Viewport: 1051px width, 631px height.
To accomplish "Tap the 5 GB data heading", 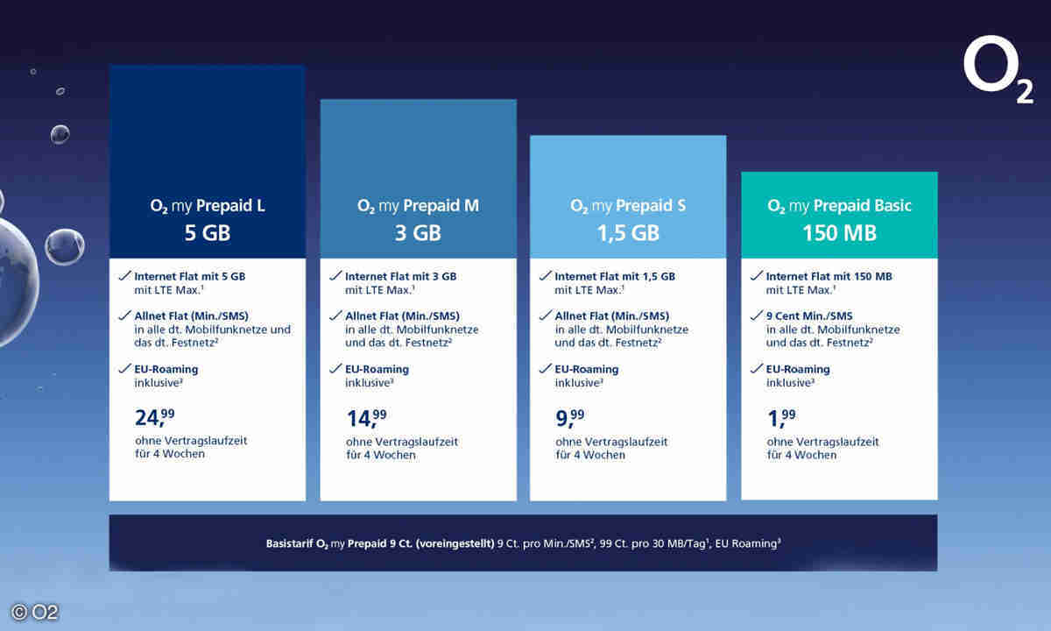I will click(x=207, y=234).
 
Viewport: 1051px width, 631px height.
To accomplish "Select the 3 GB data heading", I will click(x=418, y=234).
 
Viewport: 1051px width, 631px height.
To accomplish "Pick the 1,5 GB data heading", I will click(x=628, y=234).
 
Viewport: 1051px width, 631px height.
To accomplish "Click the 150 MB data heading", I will click(x=839, y=234).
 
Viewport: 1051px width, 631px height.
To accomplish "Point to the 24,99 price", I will click(x=156, y=418).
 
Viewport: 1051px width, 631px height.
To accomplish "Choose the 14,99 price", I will click(x=367, y=418).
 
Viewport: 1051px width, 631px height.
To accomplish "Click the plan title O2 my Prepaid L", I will click(x=207, y=207).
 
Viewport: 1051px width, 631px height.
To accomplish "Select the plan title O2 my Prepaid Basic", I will click(x=839, y=207).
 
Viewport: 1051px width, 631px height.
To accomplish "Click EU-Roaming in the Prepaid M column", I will click(x=377, y=369).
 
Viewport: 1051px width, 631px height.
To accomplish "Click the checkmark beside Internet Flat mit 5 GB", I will click(x=124, y=275).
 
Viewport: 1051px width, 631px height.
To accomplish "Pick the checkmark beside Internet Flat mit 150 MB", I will click(x=758, y=275).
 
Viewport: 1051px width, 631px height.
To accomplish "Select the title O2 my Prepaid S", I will click(x=628, y=207).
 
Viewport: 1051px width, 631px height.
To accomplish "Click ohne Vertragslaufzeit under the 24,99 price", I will click(x=191, y=441).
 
